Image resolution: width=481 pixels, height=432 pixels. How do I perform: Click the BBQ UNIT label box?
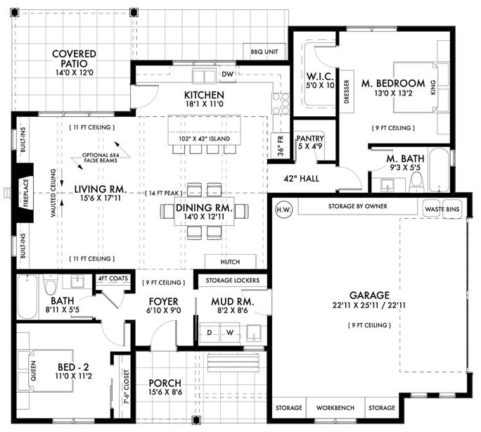[x=264, y=52]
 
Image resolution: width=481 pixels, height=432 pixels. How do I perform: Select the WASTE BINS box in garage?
[x=442, y=208]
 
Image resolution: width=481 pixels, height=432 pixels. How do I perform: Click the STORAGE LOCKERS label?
[x=233, y=280]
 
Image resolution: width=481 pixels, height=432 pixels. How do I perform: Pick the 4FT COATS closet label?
[x=112, y=279]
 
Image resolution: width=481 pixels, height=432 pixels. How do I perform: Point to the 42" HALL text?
[x=302, y=178]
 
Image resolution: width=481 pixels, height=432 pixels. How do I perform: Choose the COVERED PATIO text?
[x=74, y=59]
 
